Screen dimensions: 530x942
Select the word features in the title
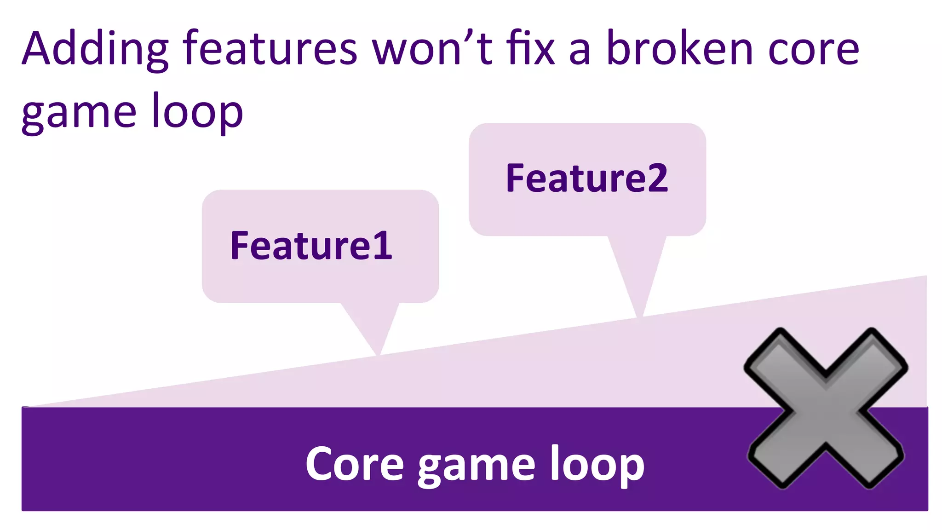click(x=270, y=49)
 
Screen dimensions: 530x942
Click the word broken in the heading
click(x=680, y=49)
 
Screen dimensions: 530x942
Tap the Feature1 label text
click(x=311, y=246)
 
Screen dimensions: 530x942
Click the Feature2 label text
click(x=587, y=179)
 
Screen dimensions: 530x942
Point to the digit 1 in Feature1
click(x=383, y=246)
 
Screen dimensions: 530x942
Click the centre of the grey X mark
click(x=826, y=409)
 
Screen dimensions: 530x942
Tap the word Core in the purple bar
click(x=355, y=464)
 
